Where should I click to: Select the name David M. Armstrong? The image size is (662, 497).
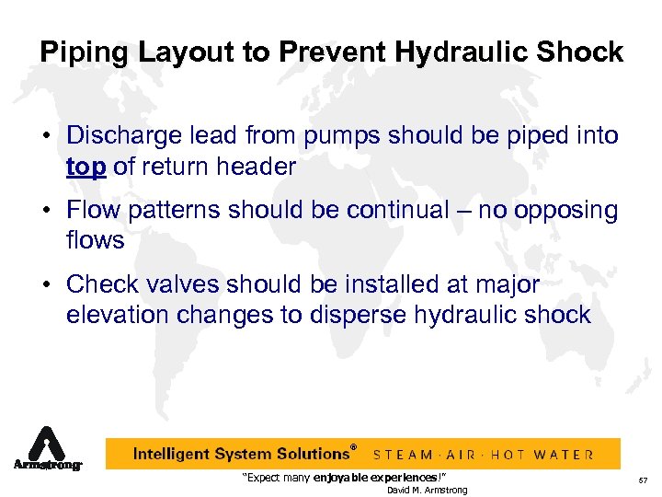click(427, 490)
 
